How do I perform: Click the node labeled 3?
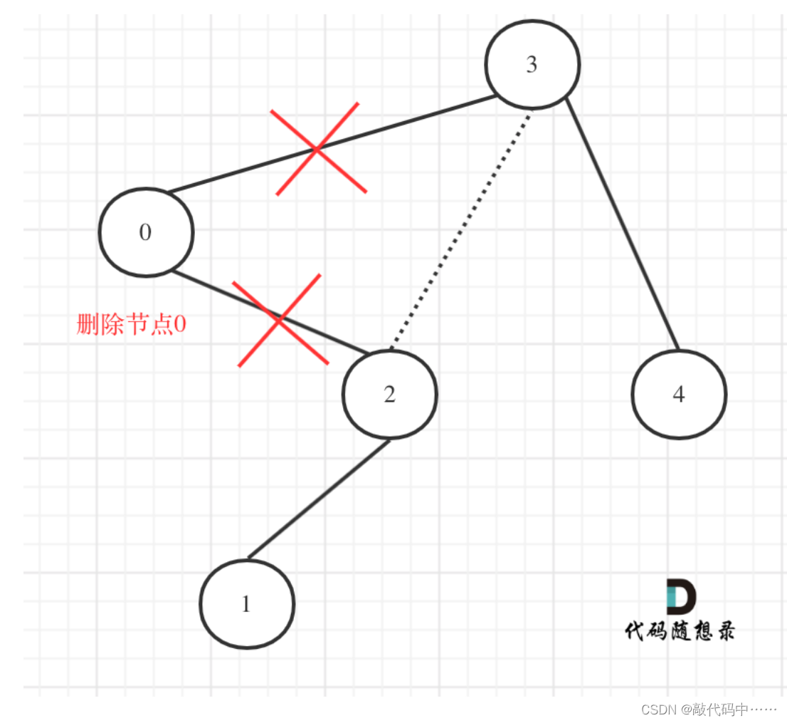(532, 64)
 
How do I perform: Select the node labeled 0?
(146, 232)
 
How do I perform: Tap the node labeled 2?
(389, 394)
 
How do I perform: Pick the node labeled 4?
(679, 394)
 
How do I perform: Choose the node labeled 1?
(246, 604)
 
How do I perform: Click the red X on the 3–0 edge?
(318, 148)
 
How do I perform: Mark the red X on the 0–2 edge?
(279, 320)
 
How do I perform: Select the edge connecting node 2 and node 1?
(319, 499)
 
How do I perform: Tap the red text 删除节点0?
(132, 325)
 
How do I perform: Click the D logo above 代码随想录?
(681, 597)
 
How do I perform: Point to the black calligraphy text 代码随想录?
(680, 630)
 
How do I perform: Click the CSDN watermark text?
(709, 709)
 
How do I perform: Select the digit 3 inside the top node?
(532, 65)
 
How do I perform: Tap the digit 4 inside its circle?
(679, 395)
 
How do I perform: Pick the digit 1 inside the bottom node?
(246, 605)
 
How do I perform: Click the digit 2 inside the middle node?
(389, 395)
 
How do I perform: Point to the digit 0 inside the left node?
(146, 233)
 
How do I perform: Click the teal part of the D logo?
(670, 597)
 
